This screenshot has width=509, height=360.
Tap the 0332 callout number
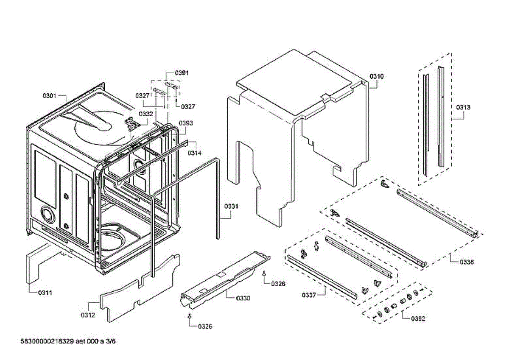click(146, 114)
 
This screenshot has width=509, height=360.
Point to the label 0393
click(185, 123)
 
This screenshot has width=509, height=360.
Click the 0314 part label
click(194, 153)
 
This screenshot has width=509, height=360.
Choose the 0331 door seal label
click(231, 207)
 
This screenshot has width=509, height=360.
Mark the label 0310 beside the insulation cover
click(376, 76)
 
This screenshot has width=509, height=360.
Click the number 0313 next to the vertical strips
click(463, 107)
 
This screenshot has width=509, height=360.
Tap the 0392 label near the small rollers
click(418, 318)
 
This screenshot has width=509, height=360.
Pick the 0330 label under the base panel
click(243, 298)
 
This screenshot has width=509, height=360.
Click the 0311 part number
click(45, 293)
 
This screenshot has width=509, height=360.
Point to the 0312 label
click(88, 315)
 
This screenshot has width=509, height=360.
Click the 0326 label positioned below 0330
click(205, 327)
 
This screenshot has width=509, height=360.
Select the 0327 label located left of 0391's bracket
click(142, 96)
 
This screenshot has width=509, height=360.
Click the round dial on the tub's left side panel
click(48, 215)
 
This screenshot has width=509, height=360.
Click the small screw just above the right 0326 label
click(264, 274)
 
